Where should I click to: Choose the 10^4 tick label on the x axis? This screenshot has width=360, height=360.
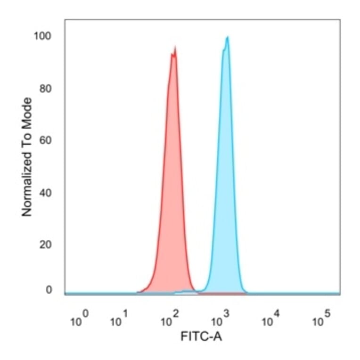coord(271,320)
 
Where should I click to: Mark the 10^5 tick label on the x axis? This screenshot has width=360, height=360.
coord(322,320)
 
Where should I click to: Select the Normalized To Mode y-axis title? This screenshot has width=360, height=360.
coord(27,157)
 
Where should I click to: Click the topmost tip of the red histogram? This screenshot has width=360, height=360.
coord(175,47)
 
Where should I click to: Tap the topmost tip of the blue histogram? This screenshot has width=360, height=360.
coord(228,37)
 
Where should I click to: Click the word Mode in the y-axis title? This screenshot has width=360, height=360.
coord(27,112)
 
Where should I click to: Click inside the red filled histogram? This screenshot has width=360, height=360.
coord(172,188)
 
